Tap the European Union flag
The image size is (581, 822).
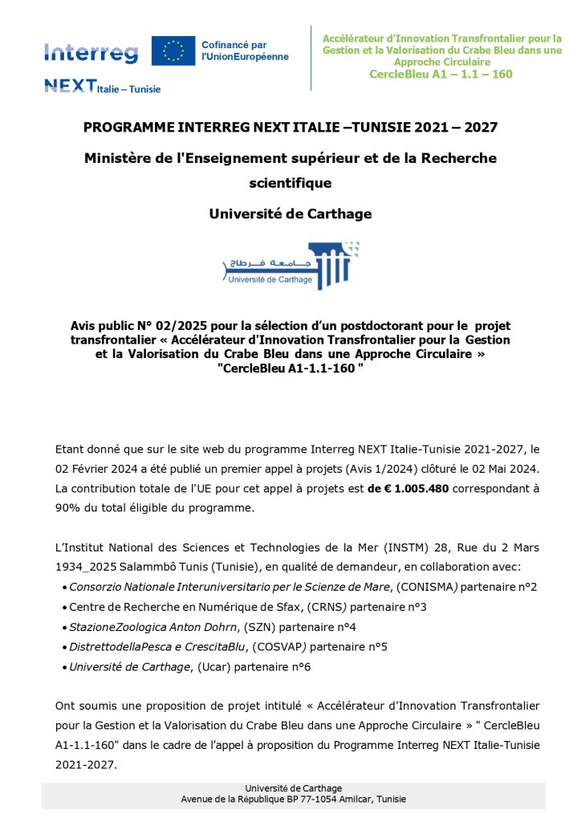click(x=173, y=51)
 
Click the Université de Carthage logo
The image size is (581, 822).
click(x=290, y=265)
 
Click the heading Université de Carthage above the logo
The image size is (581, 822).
click(x=290, y=214)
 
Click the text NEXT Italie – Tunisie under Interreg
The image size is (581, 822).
click(x=102, y=87)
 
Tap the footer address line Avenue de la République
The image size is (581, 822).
click(x=293, y=800)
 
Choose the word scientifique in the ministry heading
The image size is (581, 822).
click(x=290, y=183)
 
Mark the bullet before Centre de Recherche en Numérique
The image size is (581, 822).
click(x=63, y=607)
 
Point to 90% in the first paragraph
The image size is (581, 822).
click(x=69, y=507)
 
